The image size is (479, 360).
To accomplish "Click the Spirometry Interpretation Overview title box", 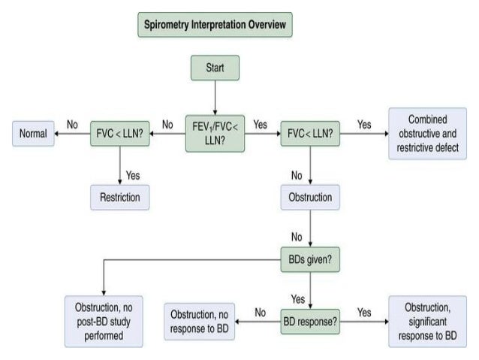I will tap(215, 26).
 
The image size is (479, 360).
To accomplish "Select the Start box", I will tap(215, 69).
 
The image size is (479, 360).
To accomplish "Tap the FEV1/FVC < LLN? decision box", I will tap(215, 133).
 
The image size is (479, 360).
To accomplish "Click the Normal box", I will tap(33, 135).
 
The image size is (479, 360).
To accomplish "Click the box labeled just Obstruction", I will tap(310, 198).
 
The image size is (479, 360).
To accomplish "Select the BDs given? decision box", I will tap(310, 259).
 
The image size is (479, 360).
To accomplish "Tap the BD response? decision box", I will tap(310, 320).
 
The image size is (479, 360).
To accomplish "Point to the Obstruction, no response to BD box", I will tap(200, 320).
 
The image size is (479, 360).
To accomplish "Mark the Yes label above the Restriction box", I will tap(133, 174).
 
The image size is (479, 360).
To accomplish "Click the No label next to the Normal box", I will tap(72, 124).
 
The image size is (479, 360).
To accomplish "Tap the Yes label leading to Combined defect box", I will tap(364, 124).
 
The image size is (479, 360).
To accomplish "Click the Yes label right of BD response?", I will tap(364, 311).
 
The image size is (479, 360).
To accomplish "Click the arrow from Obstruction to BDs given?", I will tap(310, 228).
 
